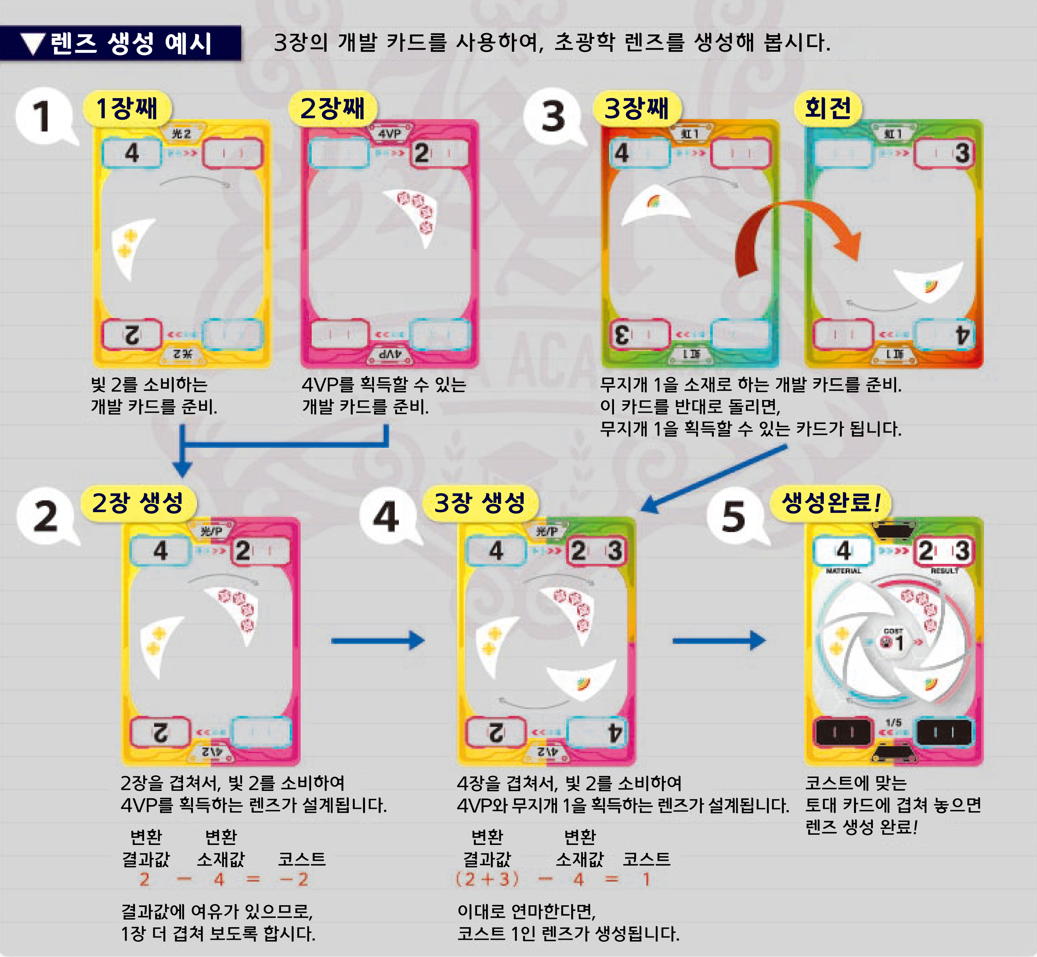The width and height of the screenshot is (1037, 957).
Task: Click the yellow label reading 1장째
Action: [x=127, y=109]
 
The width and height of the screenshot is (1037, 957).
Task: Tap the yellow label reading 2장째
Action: [x=333, y=109]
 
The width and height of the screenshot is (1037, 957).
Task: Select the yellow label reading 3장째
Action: [x=637, y=109]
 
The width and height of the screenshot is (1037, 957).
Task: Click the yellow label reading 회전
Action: [x=828, y=109]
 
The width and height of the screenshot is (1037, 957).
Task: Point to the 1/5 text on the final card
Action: [x=893, y=722]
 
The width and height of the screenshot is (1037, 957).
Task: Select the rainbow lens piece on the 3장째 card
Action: [x=655, y=205]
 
